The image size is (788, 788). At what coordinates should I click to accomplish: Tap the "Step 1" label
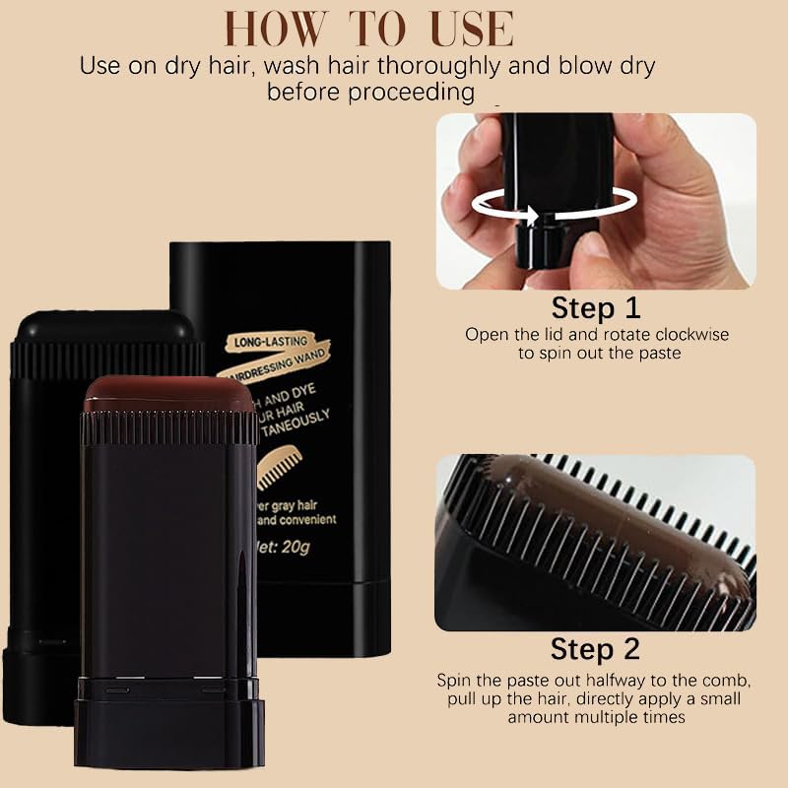click(x=596, y=308)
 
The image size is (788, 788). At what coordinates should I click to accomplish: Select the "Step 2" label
click(x=595, y=649)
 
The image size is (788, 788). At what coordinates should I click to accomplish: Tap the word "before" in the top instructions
click(x=298, y=93)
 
